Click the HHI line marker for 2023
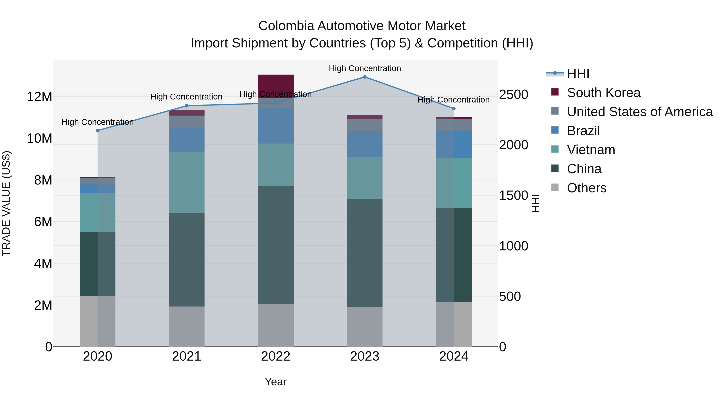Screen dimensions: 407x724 pyautogui.click(x=365, y=77)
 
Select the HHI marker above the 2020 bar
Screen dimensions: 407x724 pyautogui.click(x=98, y=131)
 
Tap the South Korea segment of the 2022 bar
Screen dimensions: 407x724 pyautogui.click(x=276, y=84)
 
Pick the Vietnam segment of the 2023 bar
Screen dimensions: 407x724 pyautogui.click(x=365, y=178)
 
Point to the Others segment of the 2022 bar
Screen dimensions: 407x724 pyautogui.click(x=276, y=325)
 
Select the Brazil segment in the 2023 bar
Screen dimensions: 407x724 pyautogui.click(x=365, y=144)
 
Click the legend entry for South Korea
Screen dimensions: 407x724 pyautogui.click(x=603, y=93)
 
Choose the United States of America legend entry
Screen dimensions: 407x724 pyautogui.click(x=639, y=112)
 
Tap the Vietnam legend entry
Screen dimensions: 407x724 pyautogui.click(x=591, y=150)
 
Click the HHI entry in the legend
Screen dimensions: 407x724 pyautogui.click(x=578, y=74)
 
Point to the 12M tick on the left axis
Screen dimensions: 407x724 pyautogui.click(x=39, y=97)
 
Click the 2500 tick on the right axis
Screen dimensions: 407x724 pyautogui.click(x=513, y=94)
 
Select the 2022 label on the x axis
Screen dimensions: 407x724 pyautogui.click(x=276, y=356)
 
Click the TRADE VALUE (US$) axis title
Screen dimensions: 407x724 pyautogui.click(x=6, y=203)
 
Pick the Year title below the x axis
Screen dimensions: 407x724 pyautogui.click(x=276, y=382)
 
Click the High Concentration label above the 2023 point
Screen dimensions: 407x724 pyautogui.click(x=365, y=68)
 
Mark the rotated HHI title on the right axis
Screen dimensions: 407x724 pyautogui.click(x=536, y=203)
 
